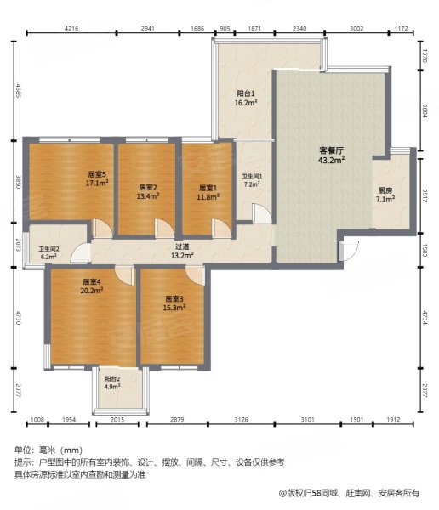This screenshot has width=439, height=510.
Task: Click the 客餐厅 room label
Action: point(330,150)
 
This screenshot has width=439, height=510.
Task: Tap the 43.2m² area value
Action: point(330,160)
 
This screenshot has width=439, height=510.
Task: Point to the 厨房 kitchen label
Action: point(385,190)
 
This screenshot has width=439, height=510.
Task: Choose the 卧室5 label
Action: point(95,173)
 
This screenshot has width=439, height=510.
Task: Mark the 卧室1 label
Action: point(208,187)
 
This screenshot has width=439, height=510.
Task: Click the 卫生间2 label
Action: point(48,247)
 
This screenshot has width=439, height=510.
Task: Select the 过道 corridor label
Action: point(181,246)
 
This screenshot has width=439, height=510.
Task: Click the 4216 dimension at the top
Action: point(71,28)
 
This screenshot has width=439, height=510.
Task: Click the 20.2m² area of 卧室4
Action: point(92,290)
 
